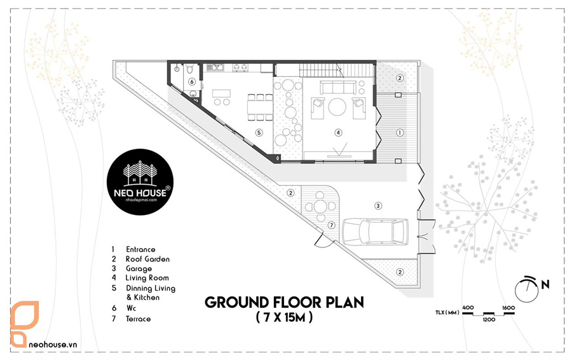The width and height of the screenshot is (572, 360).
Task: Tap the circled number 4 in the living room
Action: click(338, 132)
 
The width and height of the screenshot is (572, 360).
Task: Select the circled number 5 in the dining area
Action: click(258, 132)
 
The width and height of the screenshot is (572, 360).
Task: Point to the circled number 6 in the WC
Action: click(191, 81)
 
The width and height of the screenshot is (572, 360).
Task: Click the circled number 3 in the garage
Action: click(378, 205)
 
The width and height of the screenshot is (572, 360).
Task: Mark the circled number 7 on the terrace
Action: click(331, 225)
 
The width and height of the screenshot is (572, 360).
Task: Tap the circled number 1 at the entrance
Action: click(400, 132)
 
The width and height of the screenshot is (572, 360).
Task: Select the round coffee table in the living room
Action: click(337, 106)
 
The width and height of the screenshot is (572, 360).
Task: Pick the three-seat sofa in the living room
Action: click(337, 87)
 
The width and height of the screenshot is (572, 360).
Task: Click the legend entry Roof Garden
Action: click(147, 259)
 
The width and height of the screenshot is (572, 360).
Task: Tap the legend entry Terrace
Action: click(139, 318)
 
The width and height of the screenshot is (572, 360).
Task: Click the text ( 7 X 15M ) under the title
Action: click(283, 317)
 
